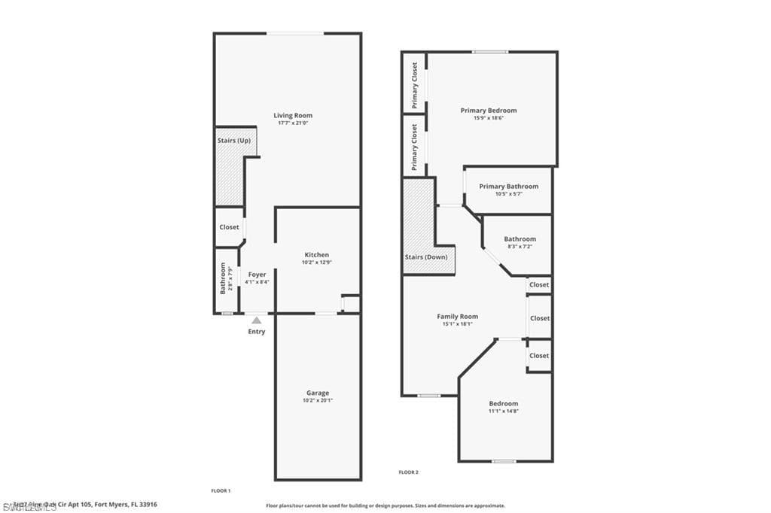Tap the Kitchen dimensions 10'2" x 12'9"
coord(316,263)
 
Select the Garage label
coord(317,393)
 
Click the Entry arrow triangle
coord(257,320)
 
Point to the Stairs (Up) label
coord(234,141)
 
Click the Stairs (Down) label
coord(426,257)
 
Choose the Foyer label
coord(257,275)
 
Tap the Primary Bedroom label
coord(489,111)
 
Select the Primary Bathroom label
coord(509,187)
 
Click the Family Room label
coord(458,317)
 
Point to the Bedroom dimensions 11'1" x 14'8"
coord(504,411)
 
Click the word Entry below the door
coord(257,332)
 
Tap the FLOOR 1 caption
coord(221,490)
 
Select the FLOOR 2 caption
coord(408,472)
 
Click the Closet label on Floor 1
coord(229,227)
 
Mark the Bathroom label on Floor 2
coord(520,239)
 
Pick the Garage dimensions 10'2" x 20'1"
coord(317,400)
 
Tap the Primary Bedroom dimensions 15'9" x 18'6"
coord(489,118)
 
